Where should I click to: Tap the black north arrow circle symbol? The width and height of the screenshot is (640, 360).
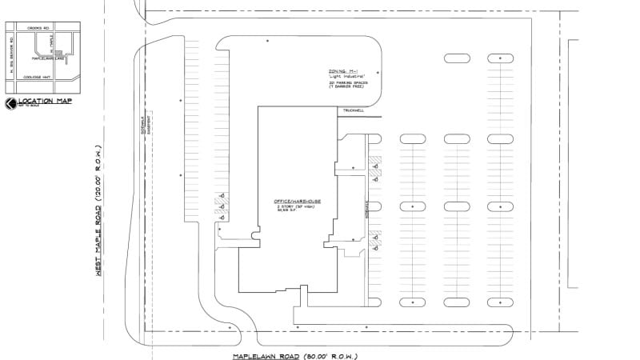click(10, 104)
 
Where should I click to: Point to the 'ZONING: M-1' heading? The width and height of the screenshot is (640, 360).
click(344, 71)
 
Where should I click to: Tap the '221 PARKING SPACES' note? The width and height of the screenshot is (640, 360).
click(346, 82)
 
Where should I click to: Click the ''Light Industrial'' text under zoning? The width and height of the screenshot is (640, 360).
click(346, 77)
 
